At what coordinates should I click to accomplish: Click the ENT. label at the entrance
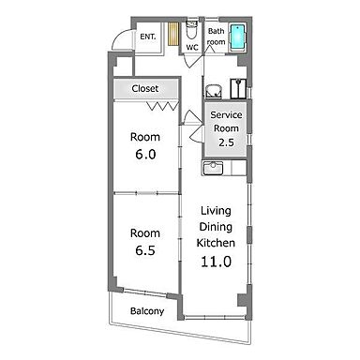(x=148, y=37)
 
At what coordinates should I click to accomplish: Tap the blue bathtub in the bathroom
(x=237, y=37)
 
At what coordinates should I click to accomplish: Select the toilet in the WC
(x=191, y=30)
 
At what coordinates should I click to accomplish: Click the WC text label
(x=192, y=48)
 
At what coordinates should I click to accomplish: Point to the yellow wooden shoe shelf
(x=172, y=34)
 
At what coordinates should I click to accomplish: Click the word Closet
(x=145, y=88)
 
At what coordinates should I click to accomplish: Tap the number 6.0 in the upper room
(x=145, y=155)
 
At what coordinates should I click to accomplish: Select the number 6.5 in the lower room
(x=145, y=250)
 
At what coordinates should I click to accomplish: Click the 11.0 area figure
(x=216, y=262)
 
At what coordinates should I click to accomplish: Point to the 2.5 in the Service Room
(x=226, y=142)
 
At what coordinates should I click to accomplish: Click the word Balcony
(x=147, y=311)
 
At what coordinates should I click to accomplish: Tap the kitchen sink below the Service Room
(x=213, y=169)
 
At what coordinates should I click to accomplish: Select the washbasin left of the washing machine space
(x=214, y=91)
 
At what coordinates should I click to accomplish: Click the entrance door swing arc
(x=118, y=36)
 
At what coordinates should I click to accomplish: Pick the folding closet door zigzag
(x=163, y=106)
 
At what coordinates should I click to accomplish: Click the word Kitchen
(x=216, y=243)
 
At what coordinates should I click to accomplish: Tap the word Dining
(x=216, y=227)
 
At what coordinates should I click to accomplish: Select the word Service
(x=226, y=115)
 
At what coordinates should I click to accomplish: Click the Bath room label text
(x=217, y=37)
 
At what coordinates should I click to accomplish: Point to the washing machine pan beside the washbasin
(x=238, y=88)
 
